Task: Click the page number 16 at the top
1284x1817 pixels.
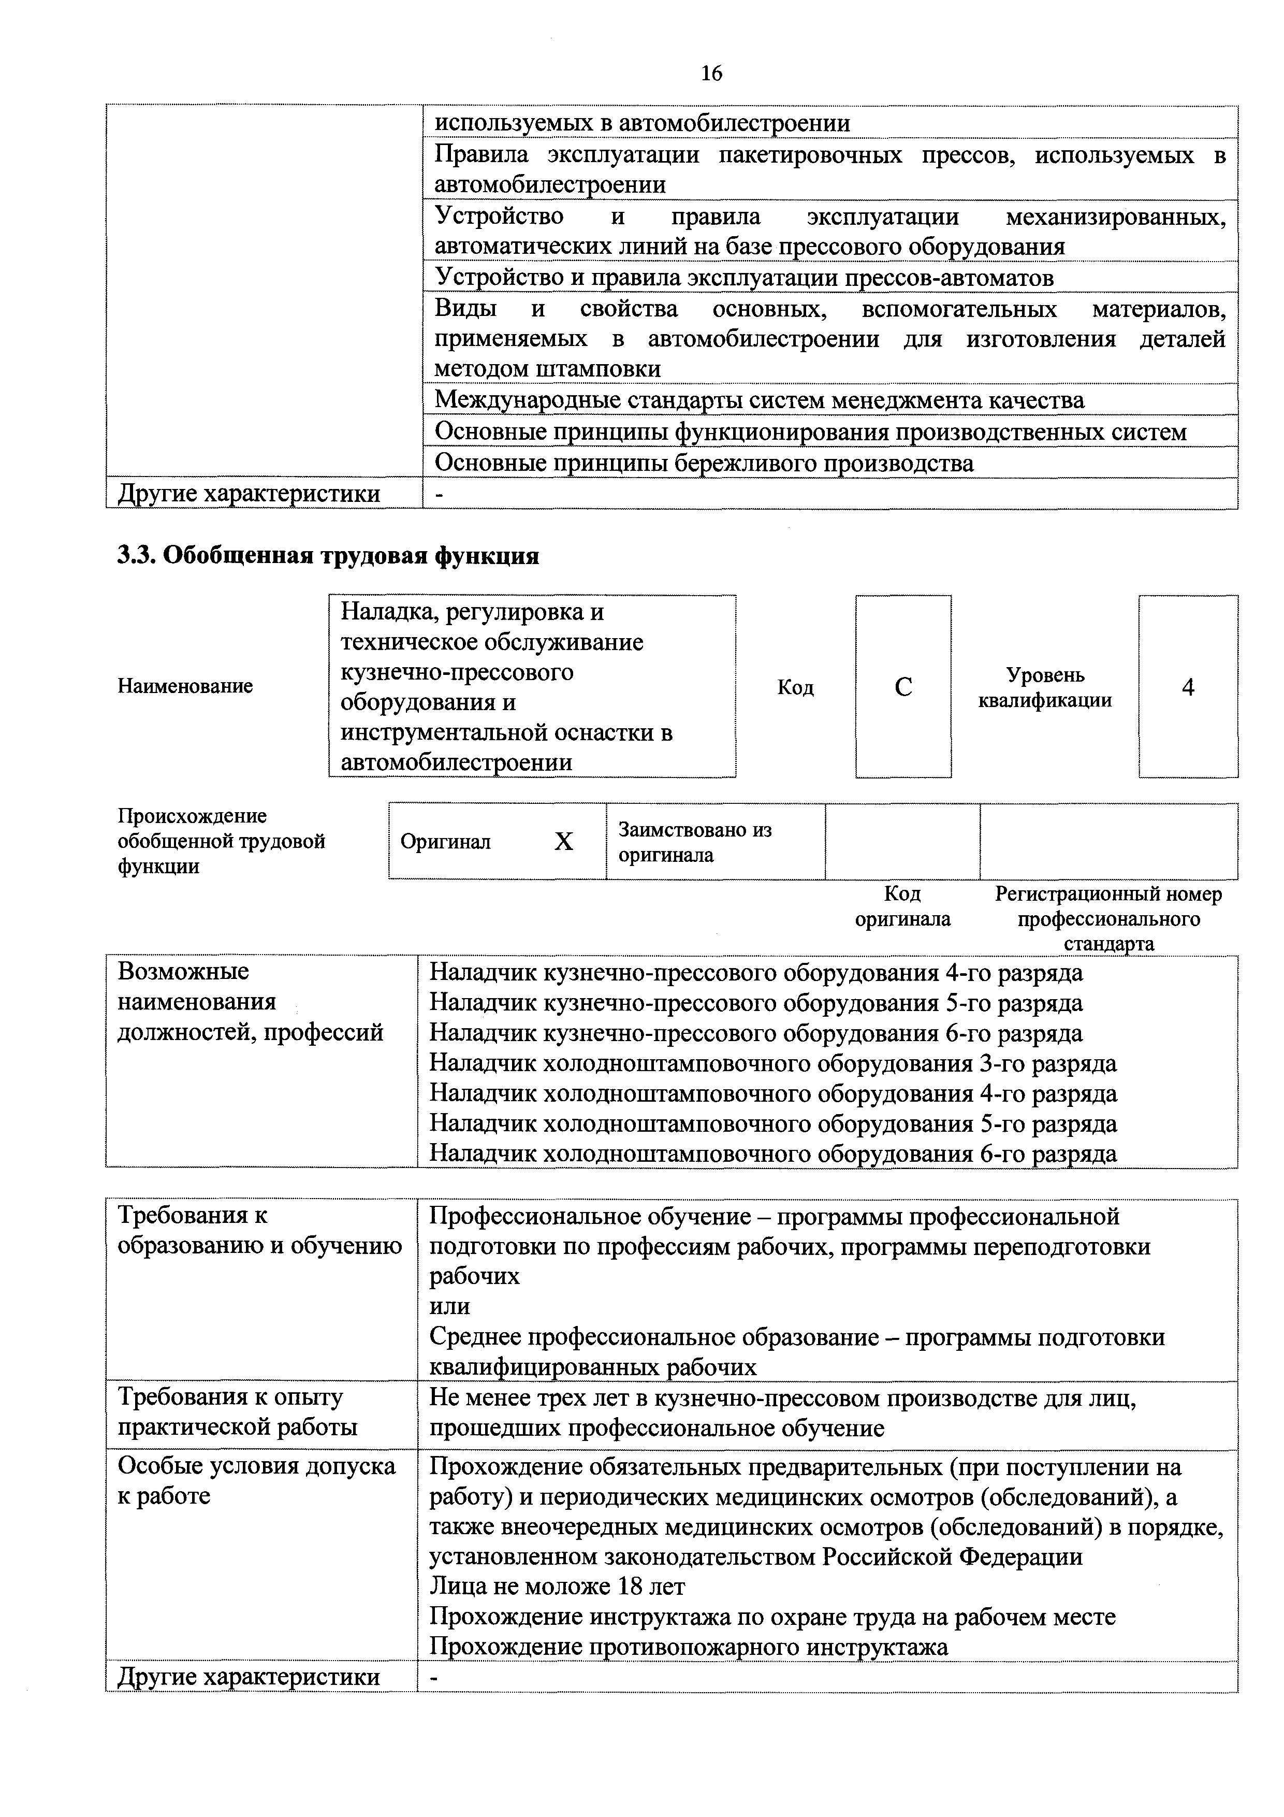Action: [x=711, y=74]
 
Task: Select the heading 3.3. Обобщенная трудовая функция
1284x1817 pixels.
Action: [x=328, y=556]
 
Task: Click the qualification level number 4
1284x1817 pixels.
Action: [x=1188, y=687]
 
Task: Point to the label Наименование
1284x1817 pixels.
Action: [x=185, y=686]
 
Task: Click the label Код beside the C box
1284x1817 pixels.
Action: [x=795, y=687]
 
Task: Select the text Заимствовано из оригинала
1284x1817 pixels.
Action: [x=695, y=842]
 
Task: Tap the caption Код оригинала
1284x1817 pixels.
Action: [x=902, y=906]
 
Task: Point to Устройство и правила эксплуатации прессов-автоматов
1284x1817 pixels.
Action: [x=743, y=278]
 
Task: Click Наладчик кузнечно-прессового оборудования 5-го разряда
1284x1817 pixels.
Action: [x=755, y=1003]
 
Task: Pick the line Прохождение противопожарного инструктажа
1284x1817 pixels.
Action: [x=688, y=1647]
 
